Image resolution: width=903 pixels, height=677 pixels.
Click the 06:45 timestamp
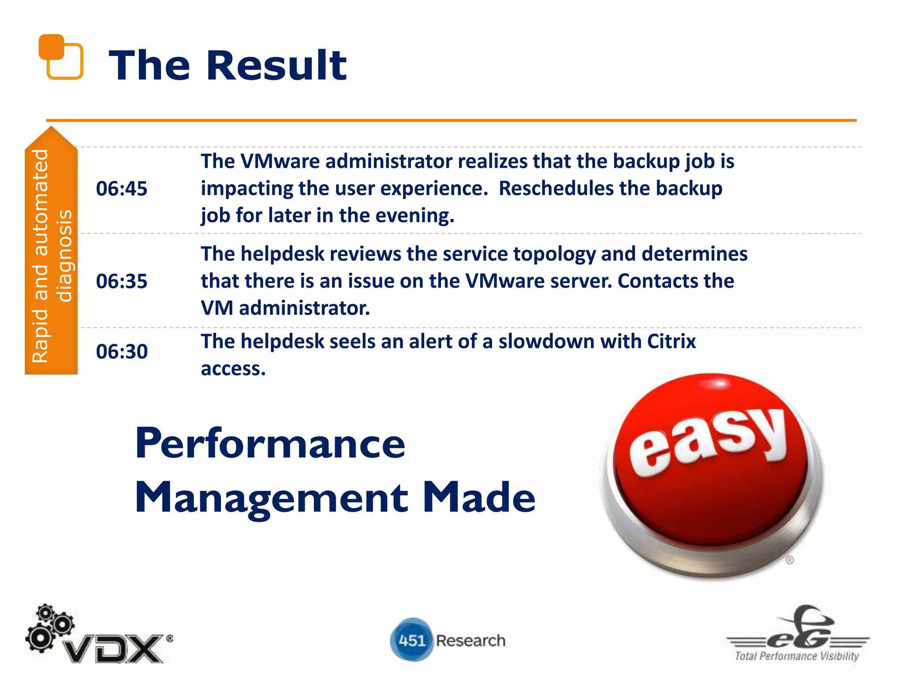122,189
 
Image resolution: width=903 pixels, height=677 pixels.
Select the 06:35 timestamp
122,281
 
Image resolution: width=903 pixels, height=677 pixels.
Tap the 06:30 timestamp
122,351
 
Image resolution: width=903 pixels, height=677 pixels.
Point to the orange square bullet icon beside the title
60,56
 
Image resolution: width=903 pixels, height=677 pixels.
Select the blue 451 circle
411,640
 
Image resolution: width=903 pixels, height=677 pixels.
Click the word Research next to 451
470,640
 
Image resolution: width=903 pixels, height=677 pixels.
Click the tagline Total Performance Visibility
797,656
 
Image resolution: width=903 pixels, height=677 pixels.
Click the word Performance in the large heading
270,443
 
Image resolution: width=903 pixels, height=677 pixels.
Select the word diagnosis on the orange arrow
64,256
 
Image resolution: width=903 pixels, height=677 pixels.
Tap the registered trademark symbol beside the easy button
789,560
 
